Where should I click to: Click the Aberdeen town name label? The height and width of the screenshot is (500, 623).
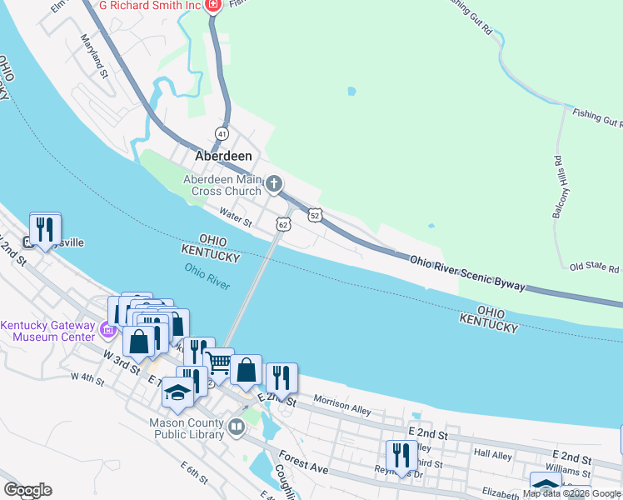[223, 156]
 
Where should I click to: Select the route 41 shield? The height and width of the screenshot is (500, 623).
[222, 133]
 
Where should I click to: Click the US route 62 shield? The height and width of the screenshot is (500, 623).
[284, 224]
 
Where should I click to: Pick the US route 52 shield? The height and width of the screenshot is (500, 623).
[314, 215]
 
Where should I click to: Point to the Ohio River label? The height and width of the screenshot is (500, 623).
[207, 275]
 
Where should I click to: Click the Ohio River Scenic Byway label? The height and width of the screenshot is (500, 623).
[467, 273]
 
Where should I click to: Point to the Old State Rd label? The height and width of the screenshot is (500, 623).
[594, 268]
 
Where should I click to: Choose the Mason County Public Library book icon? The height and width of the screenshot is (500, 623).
[237, 429]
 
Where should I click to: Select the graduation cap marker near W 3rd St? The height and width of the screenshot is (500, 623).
[177, 392]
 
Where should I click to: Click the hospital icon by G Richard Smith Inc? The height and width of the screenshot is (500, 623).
[213, 6]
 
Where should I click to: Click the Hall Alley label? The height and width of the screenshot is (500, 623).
[494, 453]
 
